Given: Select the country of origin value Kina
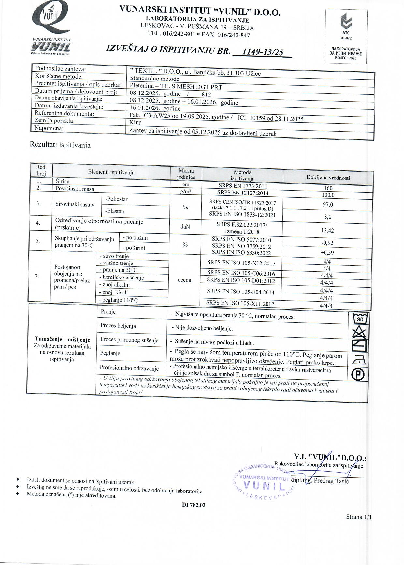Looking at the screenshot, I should click(136, 122).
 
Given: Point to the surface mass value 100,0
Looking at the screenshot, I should click(328, 195).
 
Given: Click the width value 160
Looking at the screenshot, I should click(328, 188).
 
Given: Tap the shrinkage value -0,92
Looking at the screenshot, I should click(327, 243).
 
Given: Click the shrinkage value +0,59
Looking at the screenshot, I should click(327, 253).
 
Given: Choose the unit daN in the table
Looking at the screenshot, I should click(185, 226).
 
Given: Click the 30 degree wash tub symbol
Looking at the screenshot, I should click(360, 318).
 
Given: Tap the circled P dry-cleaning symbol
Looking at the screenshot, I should click(358, 375).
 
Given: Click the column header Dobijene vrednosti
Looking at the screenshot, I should click(328, 178).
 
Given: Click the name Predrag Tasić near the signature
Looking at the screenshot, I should click(331, 481).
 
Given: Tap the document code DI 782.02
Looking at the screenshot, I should click(194, 505).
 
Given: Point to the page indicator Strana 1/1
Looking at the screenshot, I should click(358, 517).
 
